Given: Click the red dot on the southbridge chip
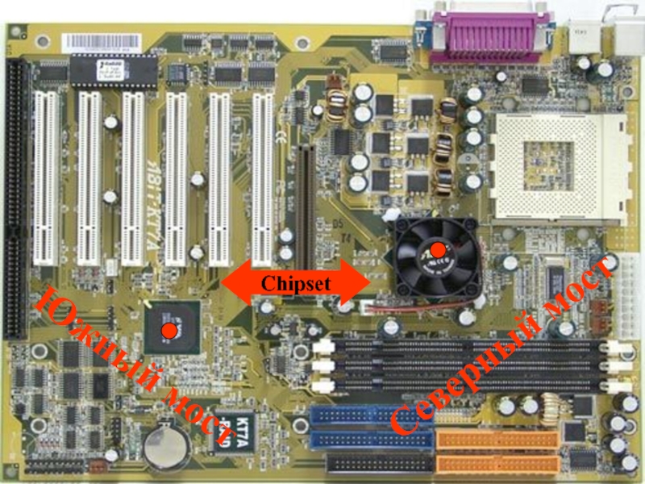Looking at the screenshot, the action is (x=170, y=331).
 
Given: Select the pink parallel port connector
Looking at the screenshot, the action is (x=491, y=36).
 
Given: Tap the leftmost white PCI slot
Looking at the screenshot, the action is (x=45, y=177).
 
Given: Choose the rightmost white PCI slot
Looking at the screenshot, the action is (x=263, y=177).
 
